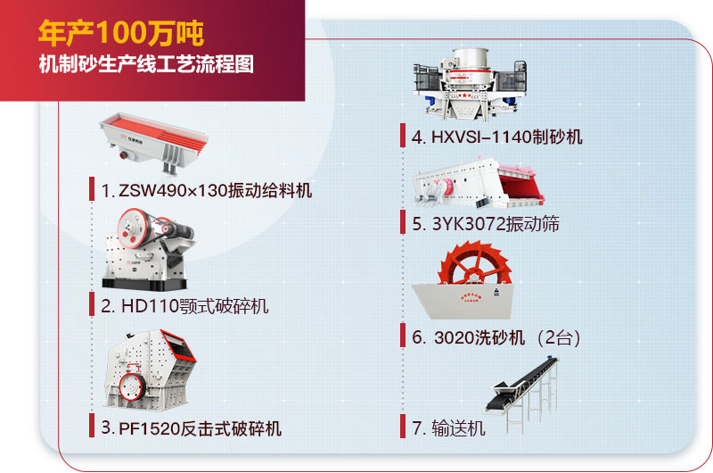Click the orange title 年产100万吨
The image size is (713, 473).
[x=121, y=34]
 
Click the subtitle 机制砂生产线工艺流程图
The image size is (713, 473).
[x=145, y=66]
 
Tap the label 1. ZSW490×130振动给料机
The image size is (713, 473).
[x=206, y=190]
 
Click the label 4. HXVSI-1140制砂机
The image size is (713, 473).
[x=497, y=137]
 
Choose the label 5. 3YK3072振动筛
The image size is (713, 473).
[x=486, y=224]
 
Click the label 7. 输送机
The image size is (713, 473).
[x=449, y=428]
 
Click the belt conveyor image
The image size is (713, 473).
[x=526, y=384]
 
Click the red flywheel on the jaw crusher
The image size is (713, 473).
[x=134, y=224]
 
